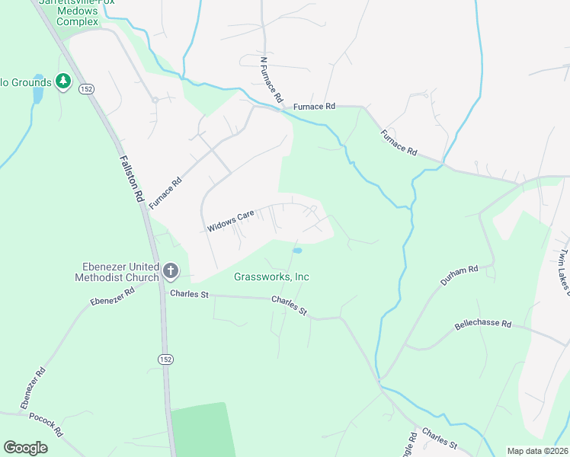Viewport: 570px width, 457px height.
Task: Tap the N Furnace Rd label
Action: (271, 80)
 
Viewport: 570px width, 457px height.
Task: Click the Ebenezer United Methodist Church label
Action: (121, 272)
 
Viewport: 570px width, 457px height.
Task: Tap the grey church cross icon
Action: (170, 270)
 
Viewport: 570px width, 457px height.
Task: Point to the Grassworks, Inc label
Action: (271, 277)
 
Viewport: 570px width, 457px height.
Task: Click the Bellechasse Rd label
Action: (482, 323)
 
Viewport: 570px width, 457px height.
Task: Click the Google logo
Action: (25, 447)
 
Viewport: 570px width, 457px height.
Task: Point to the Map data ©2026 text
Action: (538, 451)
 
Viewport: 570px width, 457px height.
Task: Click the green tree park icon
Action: (62, 81)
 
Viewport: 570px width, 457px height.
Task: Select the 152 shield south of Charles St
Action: (165, 359)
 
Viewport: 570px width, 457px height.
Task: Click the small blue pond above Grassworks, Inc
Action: (297, 250)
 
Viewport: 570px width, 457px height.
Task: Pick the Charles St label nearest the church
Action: (189, 293)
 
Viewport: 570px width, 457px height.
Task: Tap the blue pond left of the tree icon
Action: (37, 95)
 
